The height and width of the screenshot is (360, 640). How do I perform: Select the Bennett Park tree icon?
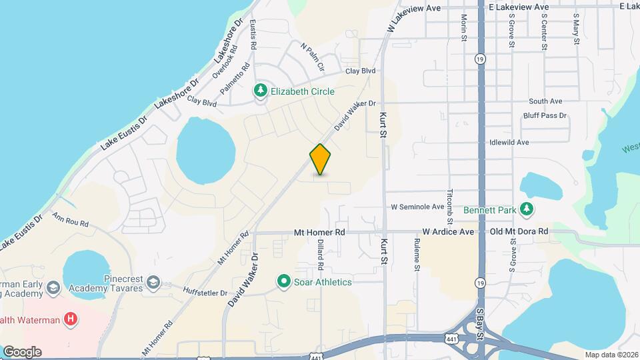tap(527, 210)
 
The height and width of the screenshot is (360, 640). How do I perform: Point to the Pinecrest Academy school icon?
tap(154, 283)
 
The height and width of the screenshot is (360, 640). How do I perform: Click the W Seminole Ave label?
tap(417, 207)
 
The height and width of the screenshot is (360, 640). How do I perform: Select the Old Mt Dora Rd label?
tap(519, 231)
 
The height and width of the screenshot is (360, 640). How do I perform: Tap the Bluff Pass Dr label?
tap(545, 115)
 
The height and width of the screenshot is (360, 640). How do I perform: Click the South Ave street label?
tap(546, 101)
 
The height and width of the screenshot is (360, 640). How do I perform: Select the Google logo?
tap(22, 351)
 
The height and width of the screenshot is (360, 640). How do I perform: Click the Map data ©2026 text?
tap(611, 355)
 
